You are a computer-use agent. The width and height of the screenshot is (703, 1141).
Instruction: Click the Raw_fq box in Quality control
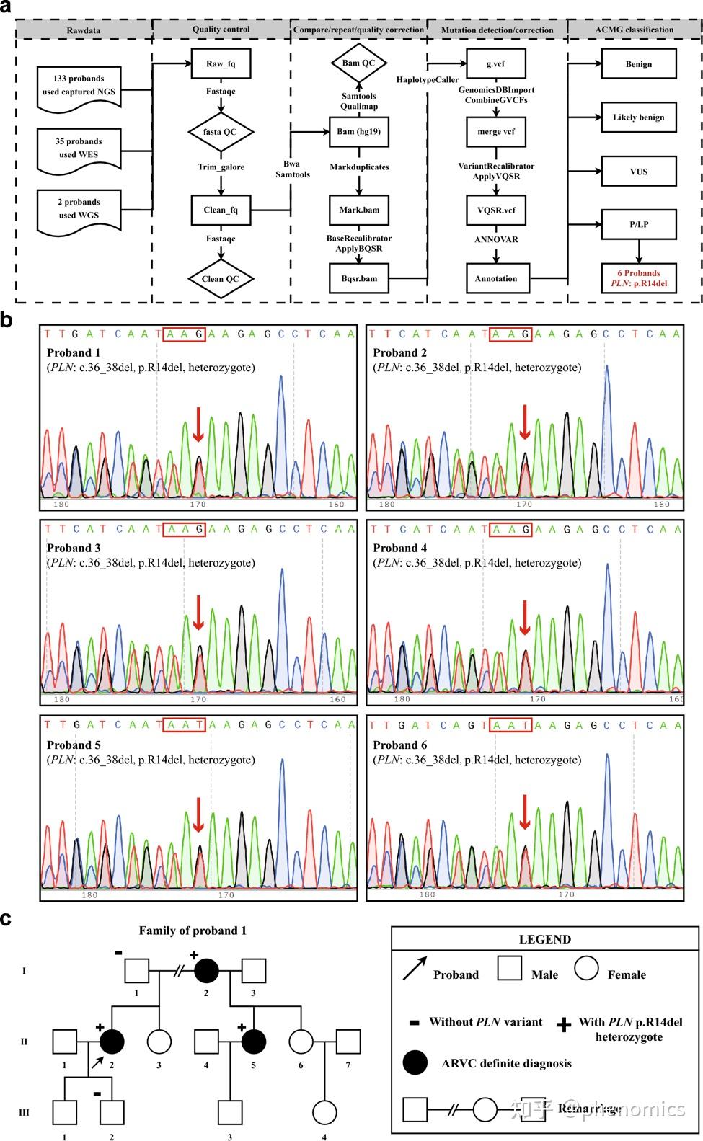point(221,63)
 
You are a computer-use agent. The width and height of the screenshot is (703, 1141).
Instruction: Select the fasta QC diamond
point(221,132)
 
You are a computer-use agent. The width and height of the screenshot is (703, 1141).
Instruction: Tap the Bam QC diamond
point(358,63)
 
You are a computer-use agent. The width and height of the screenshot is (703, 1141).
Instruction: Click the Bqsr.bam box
point(358,278)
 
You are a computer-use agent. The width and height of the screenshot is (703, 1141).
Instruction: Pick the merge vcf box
point(495,132)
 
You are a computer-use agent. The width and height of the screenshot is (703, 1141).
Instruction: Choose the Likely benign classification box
point(638,117)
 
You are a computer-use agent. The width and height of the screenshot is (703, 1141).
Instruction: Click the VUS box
point(638,172)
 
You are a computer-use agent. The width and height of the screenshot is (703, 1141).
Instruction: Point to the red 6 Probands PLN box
point(638,278)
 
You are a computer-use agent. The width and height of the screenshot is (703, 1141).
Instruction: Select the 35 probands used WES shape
point(78,148)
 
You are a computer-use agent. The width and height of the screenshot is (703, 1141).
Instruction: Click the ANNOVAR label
point(495,239)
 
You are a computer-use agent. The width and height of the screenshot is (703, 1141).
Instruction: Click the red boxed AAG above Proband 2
point(510,333)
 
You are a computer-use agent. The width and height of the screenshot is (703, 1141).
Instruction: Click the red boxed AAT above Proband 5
point(185,724)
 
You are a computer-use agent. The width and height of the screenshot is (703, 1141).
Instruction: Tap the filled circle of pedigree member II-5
point(254,1041)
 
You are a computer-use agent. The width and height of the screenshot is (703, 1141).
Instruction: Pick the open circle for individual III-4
point(324,1111)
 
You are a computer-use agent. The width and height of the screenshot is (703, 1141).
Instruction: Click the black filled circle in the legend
point(415,1063)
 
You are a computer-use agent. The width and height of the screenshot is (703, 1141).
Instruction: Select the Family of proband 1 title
point(193,931)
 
